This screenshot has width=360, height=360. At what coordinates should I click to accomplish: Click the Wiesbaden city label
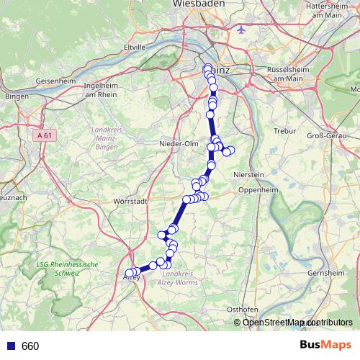(x=198, y=4)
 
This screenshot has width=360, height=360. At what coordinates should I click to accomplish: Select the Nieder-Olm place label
(x=178, y=143)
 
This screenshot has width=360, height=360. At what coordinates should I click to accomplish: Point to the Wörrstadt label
(x=132, y=201)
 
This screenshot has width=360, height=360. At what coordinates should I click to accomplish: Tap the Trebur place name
(x=286, y=131)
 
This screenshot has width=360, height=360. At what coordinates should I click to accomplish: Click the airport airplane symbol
(x=241, y=30)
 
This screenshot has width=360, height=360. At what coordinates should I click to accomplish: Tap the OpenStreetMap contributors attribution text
(x=298, y=322)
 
